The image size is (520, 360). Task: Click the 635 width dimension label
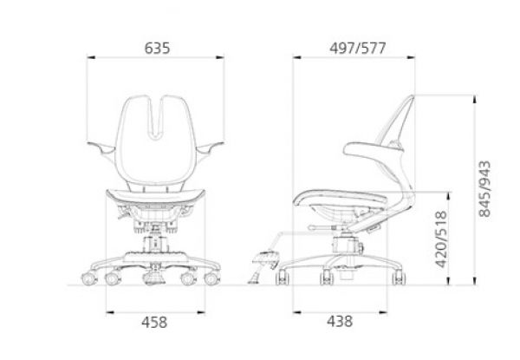[x=157, y=49]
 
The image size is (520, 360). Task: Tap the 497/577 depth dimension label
[x=357, y=49]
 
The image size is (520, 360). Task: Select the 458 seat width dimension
[x=154, y=323]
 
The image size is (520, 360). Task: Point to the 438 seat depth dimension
[x=340, y=322]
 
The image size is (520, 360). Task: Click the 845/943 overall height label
[x=484, y=189]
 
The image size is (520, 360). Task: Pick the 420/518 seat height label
[x=441, y=239]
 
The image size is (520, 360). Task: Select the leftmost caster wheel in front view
[x=89, y=278]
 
